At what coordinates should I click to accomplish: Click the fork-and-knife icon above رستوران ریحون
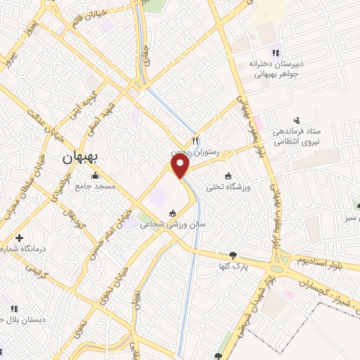click(x=196, y=139)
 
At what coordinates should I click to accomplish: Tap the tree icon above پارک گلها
click(x=233, y=255)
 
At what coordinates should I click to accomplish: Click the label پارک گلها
click(x=233, y=267)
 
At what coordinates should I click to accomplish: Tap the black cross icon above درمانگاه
click(x=19, y=238)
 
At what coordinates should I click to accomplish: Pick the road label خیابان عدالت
click(x=50, y=127)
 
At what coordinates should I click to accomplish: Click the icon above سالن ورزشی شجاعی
click(x=172, y=213)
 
